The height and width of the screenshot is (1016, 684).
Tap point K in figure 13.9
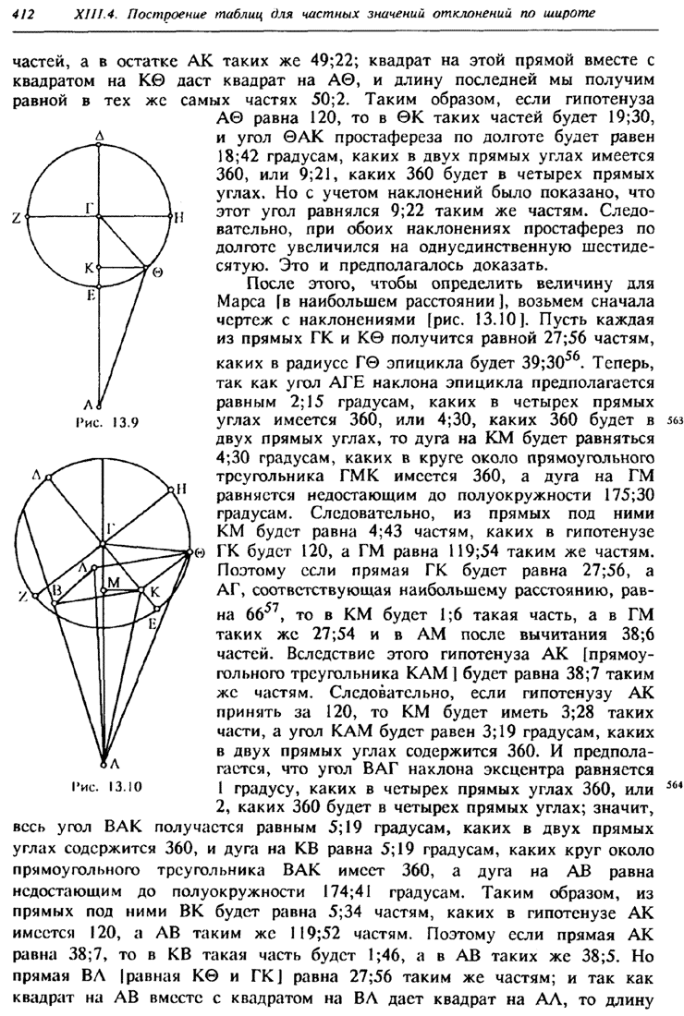coord(90,267)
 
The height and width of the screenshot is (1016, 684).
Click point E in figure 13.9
coord(91,296)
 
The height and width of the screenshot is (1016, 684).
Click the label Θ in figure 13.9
coord(158,273)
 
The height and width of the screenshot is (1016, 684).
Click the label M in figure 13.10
coord(114,582)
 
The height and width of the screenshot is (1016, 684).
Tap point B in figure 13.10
coord(55,588)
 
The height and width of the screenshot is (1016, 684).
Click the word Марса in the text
coord(235,301)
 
